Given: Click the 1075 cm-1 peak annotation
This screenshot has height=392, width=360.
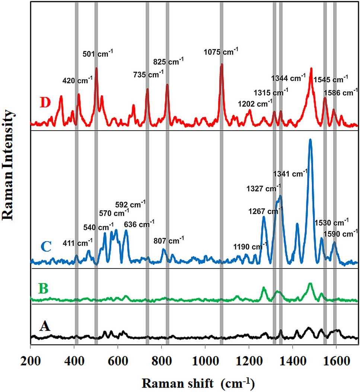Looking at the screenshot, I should tap(221, 52).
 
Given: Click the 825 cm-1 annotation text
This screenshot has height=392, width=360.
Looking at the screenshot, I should tap(169, 61).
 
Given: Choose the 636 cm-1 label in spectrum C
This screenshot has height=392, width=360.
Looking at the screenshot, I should tap(139, 224).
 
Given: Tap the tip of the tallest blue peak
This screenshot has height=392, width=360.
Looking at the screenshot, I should tap(310, 140).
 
